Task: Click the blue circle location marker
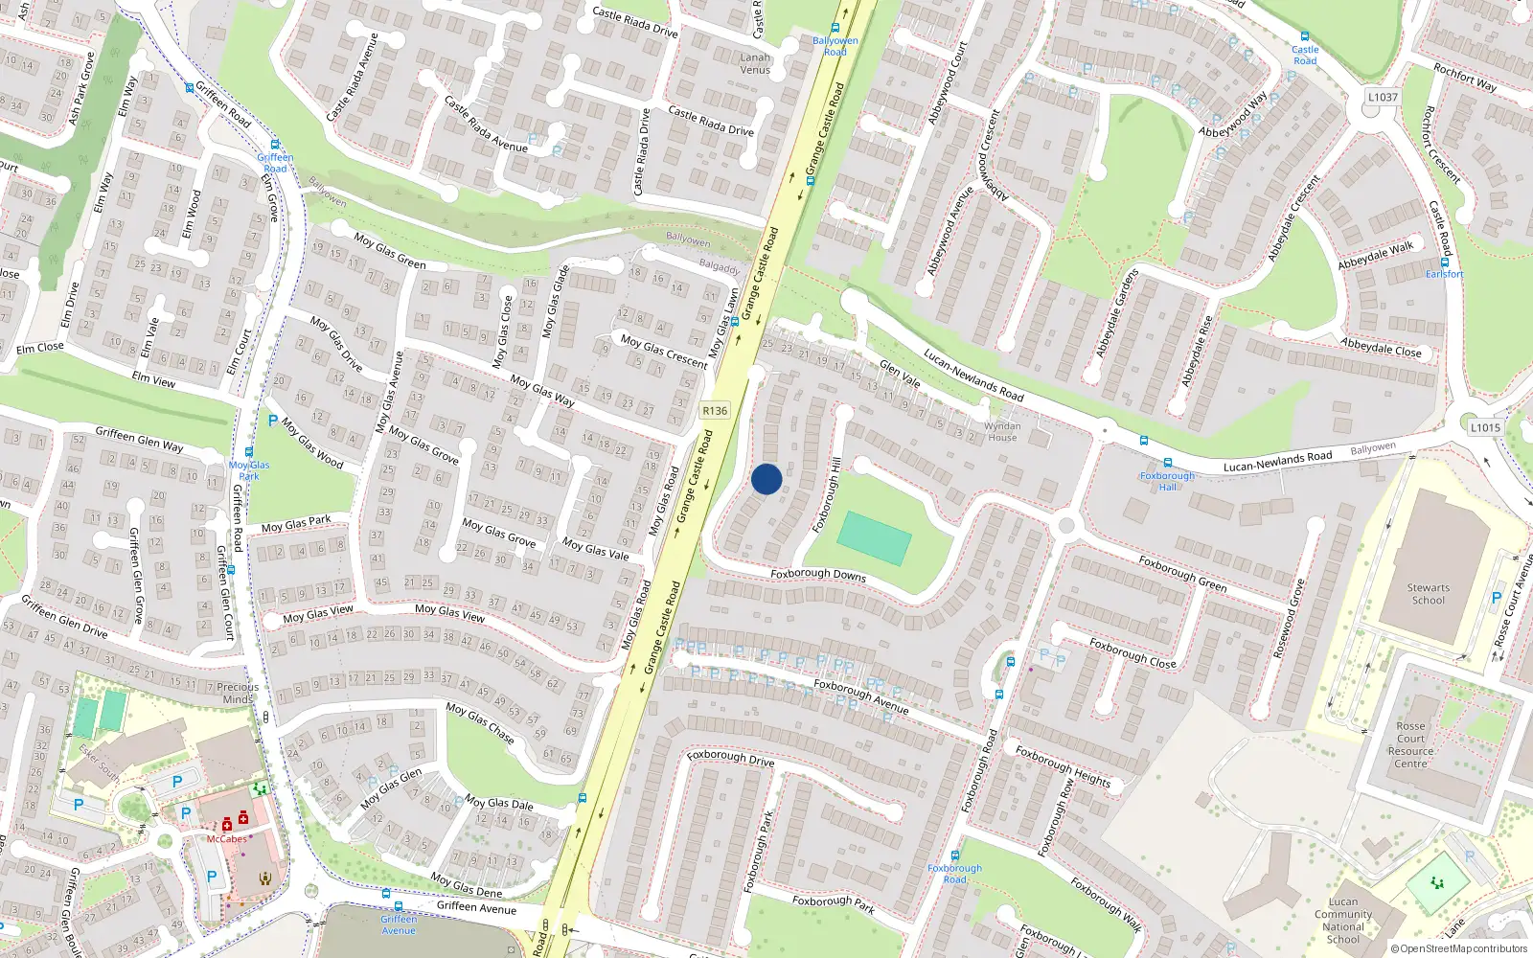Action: pos(766,479)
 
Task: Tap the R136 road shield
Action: pos(715,410)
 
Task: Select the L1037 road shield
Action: pos(1383,97)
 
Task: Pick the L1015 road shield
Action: pos(1485,427)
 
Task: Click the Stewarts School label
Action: pos(1428,594)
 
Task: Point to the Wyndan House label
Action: pos(1002,432)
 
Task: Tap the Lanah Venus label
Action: pos(755,63)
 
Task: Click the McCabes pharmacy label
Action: pos(227,839)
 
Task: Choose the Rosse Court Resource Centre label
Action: pos(1410,744)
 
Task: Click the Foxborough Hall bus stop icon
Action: pos(1168,463)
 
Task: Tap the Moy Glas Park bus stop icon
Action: pos(249,452)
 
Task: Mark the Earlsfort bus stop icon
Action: pos(1445,262)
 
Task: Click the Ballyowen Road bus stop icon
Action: pos(835,29)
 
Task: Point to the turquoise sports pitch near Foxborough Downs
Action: pos(874,538)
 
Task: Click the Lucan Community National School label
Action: pos(1343,921)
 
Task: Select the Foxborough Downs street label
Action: pos(818,575)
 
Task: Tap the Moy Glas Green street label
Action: pos(390,250)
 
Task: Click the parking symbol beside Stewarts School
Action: pos(1497,598)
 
